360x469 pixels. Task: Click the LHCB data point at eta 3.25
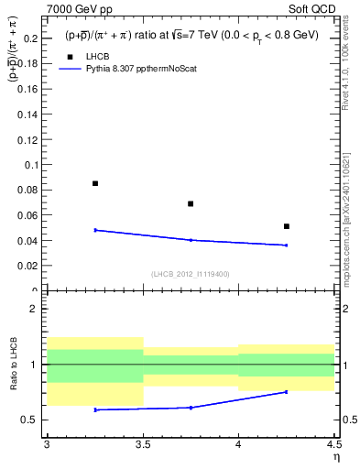(95, 183)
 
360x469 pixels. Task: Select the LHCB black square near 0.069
(191, 203)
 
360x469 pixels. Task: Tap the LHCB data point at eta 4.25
(287, 226)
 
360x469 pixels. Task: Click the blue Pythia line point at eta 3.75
(191, 240)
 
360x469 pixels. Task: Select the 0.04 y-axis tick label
(29, 241)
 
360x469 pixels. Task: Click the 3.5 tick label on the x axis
(142, 444)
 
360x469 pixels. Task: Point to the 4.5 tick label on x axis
(333, 444)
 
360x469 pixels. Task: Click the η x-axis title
(335, 456)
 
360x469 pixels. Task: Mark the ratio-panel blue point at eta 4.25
(287, 392)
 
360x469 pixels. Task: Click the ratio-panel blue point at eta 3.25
(95, 409)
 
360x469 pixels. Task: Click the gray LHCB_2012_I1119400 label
(190, 273)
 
